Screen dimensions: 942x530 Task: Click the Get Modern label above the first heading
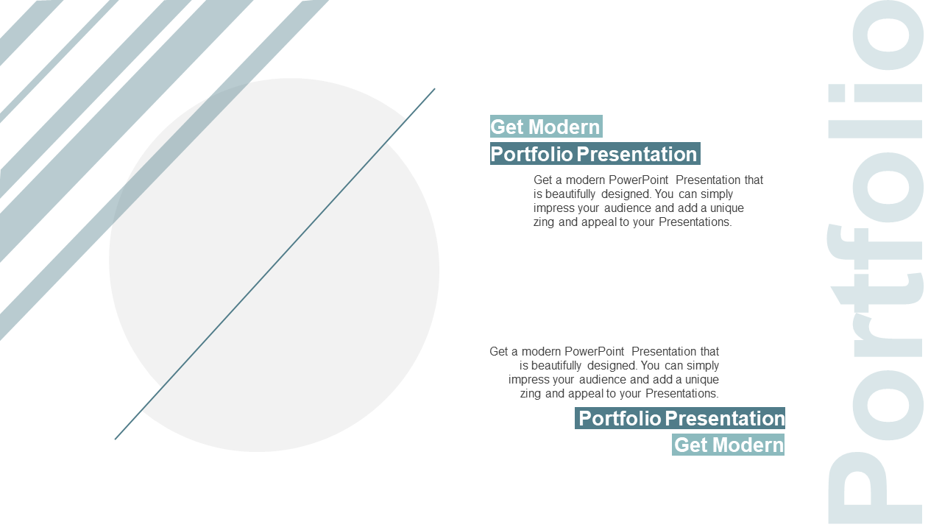click(x=546, y=127)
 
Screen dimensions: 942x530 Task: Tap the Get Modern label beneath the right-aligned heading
click(x=728, y=445)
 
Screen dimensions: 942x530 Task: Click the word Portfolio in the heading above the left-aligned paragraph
click(x=531, y=154)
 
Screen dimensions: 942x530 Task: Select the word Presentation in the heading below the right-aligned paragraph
click(x=725, y=418)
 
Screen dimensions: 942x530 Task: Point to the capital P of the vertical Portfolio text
click(x=875, y=488)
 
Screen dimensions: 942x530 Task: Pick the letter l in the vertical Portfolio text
click(x=875, y=130)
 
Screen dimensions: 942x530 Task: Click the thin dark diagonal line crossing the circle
click(x=275, y=264)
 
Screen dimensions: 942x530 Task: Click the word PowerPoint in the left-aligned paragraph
click(x=638, y=180)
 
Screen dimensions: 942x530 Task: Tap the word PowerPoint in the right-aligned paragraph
click(x=594, y=351)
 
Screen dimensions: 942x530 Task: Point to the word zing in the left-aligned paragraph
click(x=544, y=222)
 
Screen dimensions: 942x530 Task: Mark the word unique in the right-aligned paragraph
click(x=702, y=379)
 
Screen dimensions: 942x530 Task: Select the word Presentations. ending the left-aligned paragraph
click(x=695, y=222)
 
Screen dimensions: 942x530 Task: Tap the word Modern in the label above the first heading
click(x=564, y=127)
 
